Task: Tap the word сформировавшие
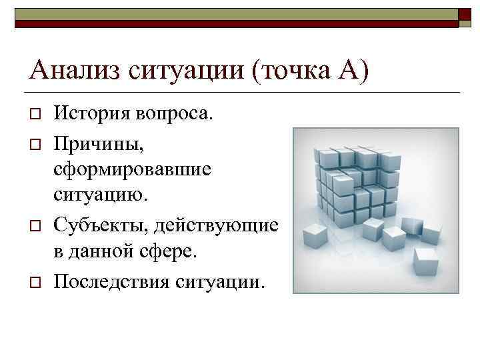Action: coord(133,169)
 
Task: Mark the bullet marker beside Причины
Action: coord(36,142)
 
